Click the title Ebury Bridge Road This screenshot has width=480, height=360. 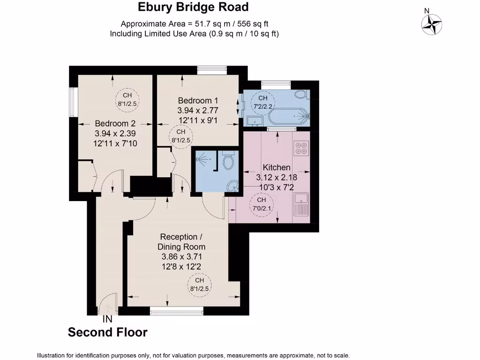(x=193, y=7)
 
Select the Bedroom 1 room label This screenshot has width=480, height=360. (x=198, y=100)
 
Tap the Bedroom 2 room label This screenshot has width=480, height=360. (x=115, y=123)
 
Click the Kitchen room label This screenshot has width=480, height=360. (x=276, y=167)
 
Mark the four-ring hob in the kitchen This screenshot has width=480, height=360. (x=300, y=148)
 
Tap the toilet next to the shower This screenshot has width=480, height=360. (x=229, y=161)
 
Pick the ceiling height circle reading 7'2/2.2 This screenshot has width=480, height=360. (x=262, y=102)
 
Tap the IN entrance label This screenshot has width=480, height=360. (x=107, y=319)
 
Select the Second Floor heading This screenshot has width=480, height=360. (x=107, y=332)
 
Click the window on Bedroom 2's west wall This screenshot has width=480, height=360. (x=73, y=102)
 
